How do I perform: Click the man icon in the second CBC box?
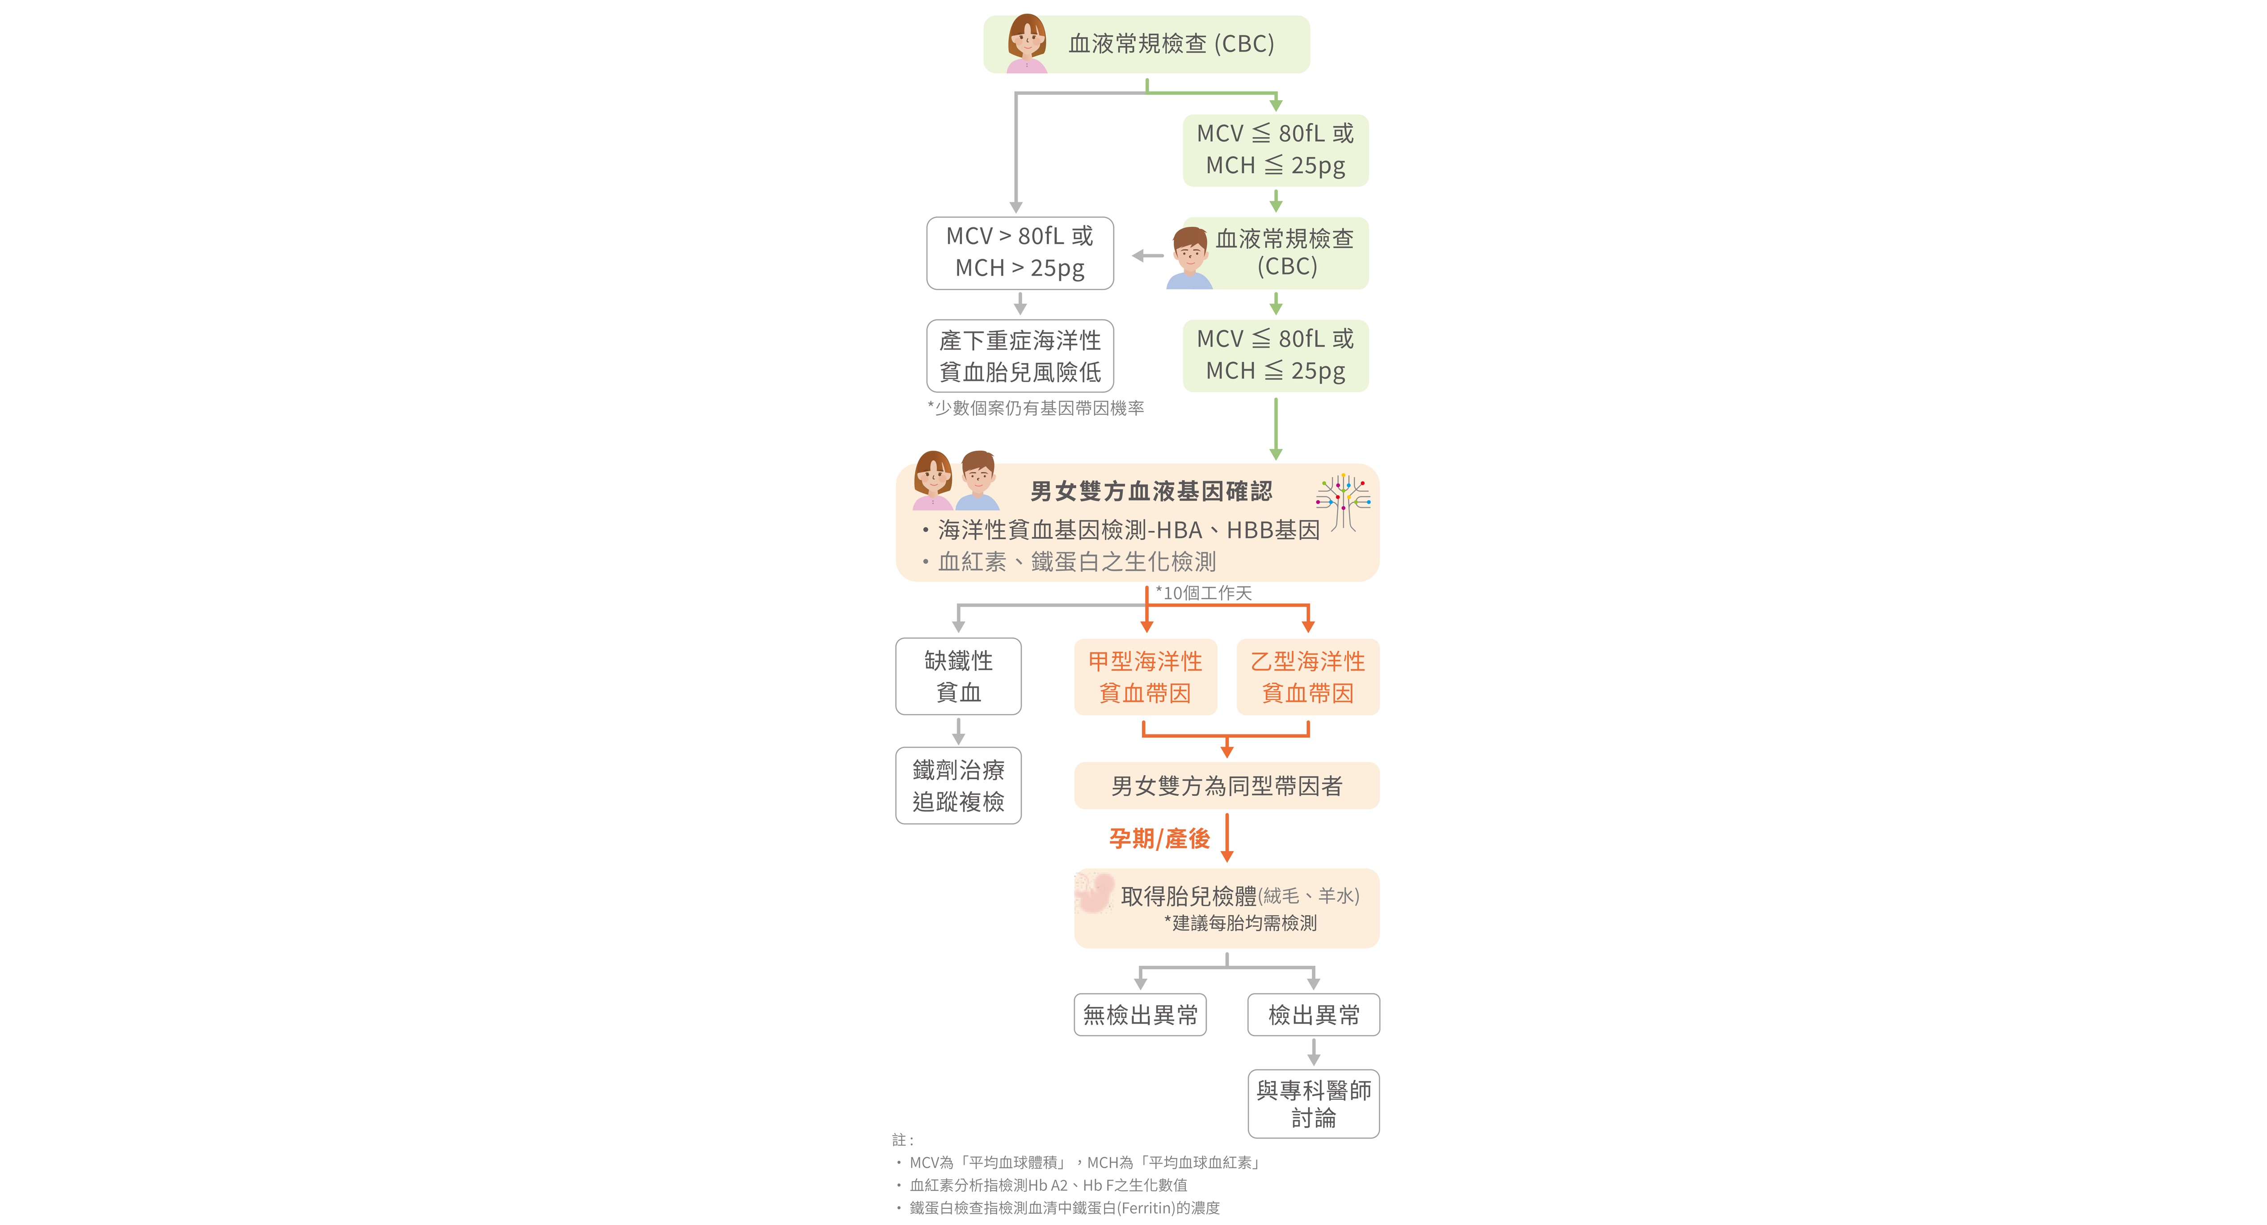click(x=1190, y=258)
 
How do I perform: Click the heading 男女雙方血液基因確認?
click(x=1151, y=491)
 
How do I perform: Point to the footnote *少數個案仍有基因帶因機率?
click(x=1036, y=407)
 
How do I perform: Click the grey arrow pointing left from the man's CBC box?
click(x=1148, y=256)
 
